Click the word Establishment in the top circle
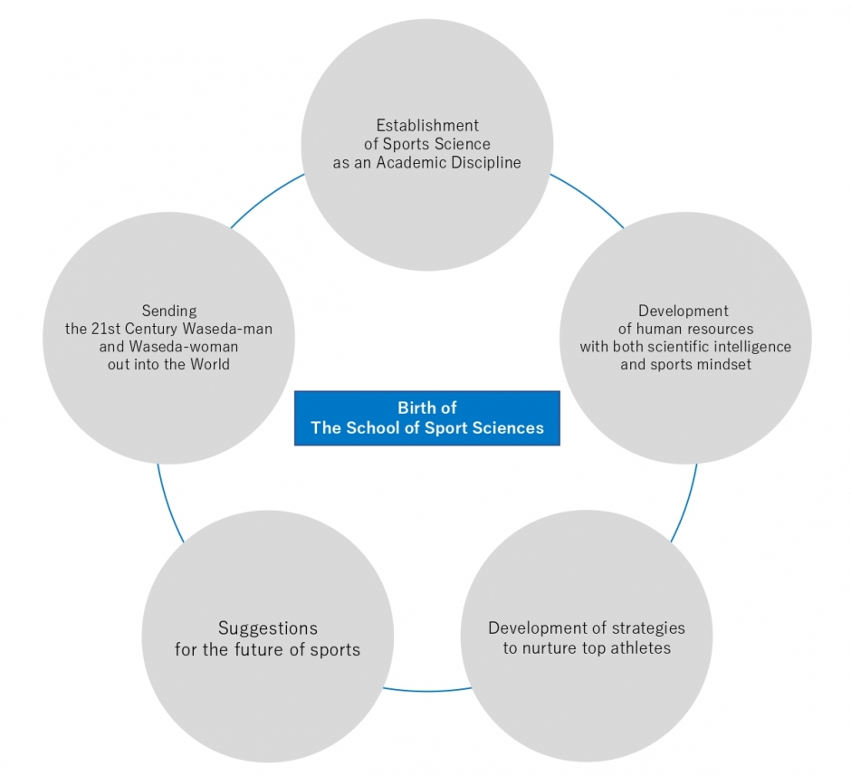click(x=427, y=125)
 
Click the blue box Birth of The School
click(x=427, y=417)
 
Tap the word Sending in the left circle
click(x=168, y=311)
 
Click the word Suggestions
click(x=268, y=628)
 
